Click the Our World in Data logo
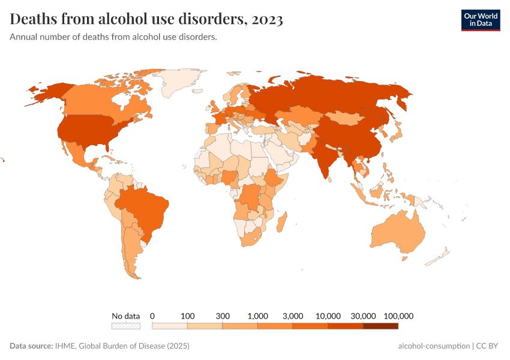[480, 20]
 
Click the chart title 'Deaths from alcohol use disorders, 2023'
[146, 19]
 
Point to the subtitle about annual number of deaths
[113, 37]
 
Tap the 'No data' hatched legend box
[125, 326]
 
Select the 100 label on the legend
[188, 316]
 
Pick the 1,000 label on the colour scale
[257, 316]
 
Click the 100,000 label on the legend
[398, 316]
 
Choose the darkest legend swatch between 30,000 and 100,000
[380, 326]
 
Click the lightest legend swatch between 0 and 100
[170, 326]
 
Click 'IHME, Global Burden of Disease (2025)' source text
[122, 346]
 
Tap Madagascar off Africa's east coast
[281, 223]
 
